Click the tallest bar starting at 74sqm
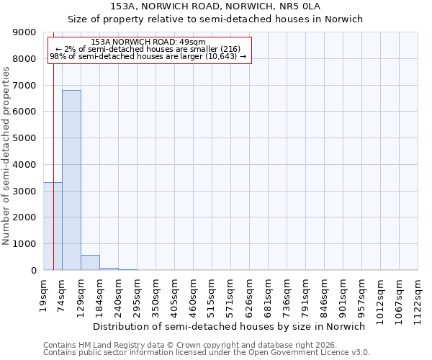point(71,180)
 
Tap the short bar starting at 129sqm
point(90,263)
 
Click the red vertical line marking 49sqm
point(53,144)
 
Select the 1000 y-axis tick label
point(25,244)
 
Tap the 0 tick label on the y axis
point(33,271)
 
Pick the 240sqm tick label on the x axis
point(119,293)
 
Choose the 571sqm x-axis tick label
point(231,293)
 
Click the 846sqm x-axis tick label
point(325,293)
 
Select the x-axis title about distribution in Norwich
point(230,326)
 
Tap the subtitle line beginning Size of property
point(215,19)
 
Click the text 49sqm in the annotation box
point(192,42)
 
